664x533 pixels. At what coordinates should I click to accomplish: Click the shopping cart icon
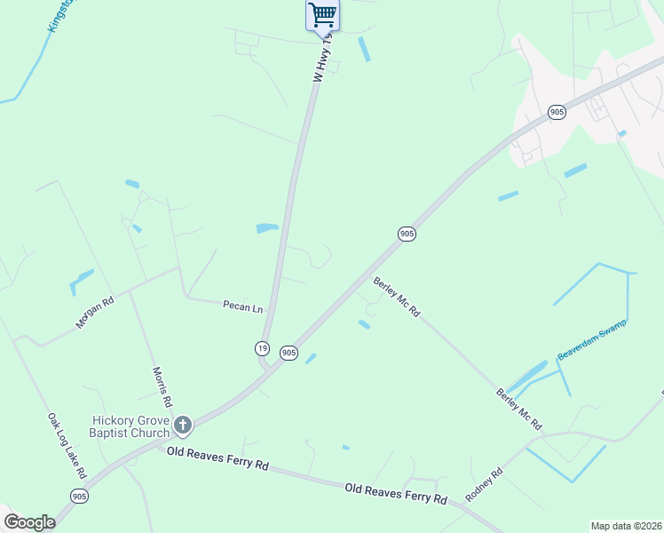322,14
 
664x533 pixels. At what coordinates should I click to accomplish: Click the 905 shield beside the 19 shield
289,353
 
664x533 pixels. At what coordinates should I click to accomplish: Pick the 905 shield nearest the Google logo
79,496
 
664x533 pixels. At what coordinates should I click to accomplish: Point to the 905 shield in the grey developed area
557,112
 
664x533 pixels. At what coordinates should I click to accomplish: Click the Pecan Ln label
242,307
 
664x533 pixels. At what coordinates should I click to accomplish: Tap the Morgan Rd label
95,313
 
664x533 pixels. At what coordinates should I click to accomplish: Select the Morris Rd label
162,386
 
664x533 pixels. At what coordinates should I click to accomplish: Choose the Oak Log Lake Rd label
65,441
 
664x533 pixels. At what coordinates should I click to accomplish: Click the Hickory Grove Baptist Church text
131,426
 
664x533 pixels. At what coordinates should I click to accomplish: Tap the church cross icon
183,426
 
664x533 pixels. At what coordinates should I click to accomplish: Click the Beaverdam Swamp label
591,339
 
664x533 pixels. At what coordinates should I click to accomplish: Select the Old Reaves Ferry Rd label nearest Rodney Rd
396,493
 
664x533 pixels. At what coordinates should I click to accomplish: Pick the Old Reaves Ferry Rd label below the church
217,458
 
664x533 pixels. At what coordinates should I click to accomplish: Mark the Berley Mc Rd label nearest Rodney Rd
519,409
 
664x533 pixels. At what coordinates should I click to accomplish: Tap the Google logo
29,522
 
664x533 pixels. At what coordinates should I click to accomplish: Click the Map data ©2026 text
625,526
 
